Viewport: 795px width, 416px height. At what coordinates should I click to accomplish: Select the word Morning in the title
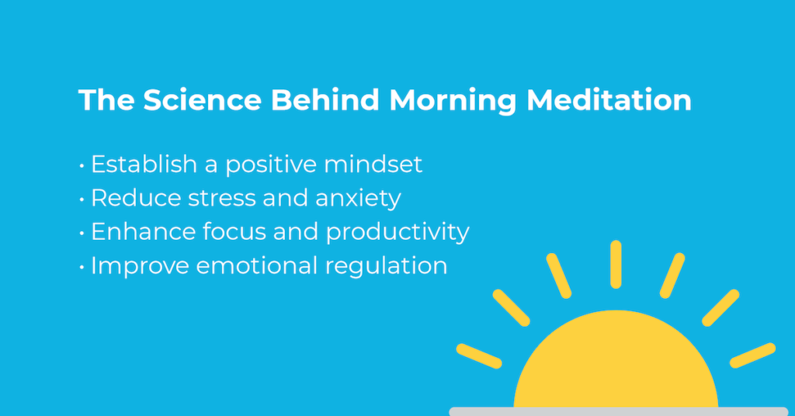[x=462, y=102]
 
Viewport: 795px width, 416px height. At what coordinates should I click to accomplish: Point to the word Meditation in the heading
[x=613, y=102]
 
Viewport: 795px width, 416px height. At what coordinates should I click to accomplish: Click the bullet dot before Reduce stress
[x=82, y=199]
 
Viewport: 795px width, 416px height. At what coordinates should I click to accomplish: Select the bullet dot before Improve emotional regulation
[x=82, y=266]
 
